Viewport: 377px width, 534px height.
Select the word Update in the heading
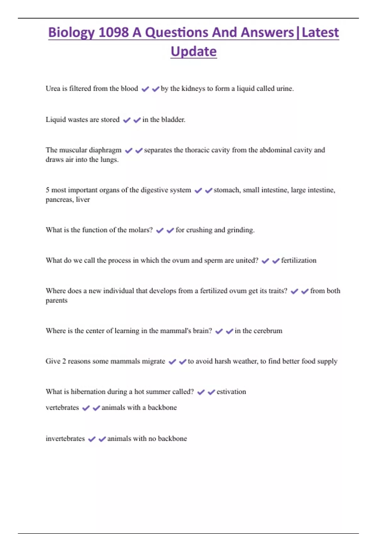[194, 52]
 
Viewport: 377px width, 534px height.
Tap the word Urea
[53, 89]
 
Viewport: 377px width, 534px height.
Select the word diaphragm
[106, 150]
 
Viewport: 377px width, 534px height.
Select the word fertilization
[298, 260]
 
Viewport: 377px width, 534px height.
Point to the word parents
[57, 301]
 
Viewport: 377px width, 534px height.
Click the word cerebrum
[268, 331]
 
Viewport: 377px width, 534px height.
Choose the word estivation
[231, 392]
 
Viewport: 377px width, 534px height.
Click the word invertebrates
[65, 439]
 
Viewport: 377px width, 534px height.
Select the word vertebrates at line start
[62, 408]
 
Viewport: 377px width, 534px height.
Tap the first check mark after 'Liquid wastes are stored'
[127, 120]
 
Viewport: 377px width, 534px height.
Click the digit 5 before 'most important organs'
[47, 190]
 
